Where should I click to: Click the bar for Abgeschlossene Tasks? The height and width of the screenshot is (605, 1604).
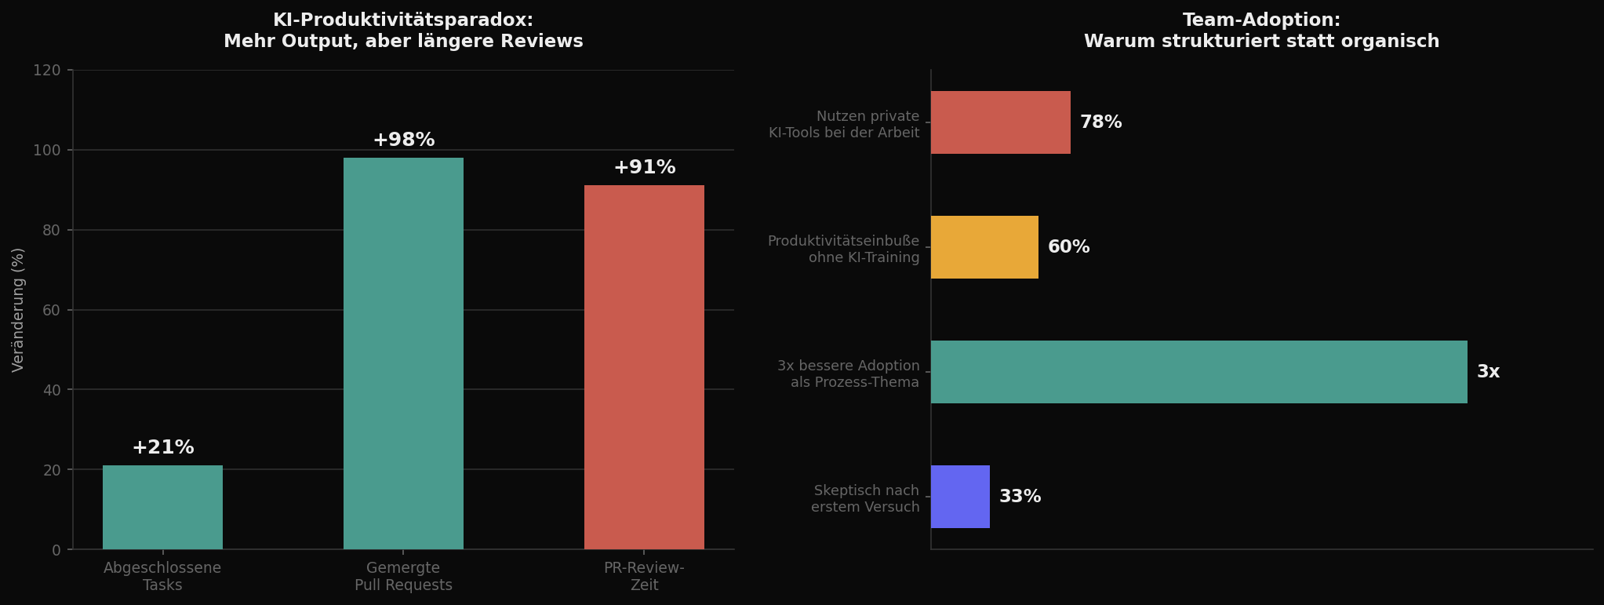point(162,507)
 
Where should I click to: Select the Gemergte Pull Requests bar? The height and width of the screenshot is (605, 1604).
point(403,353)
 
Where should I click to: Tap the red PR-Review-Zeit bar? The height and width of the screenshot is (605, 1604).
point(644,367)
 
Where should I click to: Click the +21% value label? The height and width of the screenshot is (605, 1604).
point(162,448)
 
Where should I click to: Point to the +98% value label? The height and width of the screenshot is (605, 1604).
point(403,140)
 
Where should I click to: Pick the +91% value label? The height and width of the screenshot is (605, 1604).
point(644,168)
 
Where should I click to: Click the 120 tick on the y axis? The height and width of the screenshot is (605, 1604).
point(47,71)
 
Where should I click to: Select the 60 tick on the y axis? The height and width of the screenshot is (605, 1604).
point(51,310)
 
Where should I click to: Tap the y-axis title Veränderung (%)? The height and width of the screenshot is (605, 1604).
point(18,309)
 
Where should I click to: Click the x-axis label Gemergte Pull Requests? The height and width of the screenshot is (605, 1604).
point(403,577)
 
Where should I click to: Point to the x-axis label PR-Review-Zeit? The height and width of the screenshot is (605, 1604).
point(644,577)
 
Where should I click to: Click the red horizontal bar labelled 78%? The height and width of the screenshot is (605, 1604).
point(1000,122)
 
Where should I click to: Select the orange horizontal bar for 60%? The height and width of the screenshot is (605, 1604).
point(984,247)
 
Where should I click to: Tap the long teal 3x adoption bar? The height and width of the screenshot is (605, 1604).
point(1198,372)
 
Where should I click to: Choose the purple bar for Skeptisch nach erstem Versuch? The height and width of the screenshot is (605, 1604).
point(960,497)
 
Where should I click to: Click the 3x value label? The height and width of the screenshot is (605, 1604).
point(1488,372)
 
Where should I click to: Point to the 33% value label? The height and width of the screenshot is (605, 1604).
point(1020,497)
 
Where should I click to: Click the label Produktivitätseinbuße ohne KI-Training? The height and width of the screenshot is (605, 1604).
point(843,249)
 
